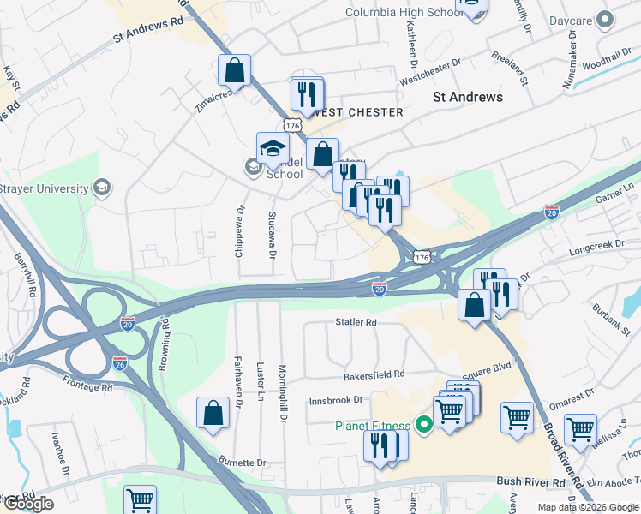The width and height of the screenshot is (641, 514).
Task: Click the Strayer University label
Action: click(45, 188)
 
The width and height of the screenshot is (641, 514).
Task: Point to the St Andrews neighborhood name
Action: click(468, 97)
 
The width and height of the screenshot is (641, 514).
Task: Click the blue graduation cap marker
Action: click(273, 148)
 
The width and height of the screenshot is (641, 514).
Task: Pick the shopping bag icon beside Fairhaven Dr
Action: click(213, 413)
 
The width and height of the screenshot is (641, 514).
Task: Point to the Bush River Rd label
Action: click(530, 482)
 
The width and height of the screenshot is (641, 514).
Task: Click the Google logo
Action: click(27, 503)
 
